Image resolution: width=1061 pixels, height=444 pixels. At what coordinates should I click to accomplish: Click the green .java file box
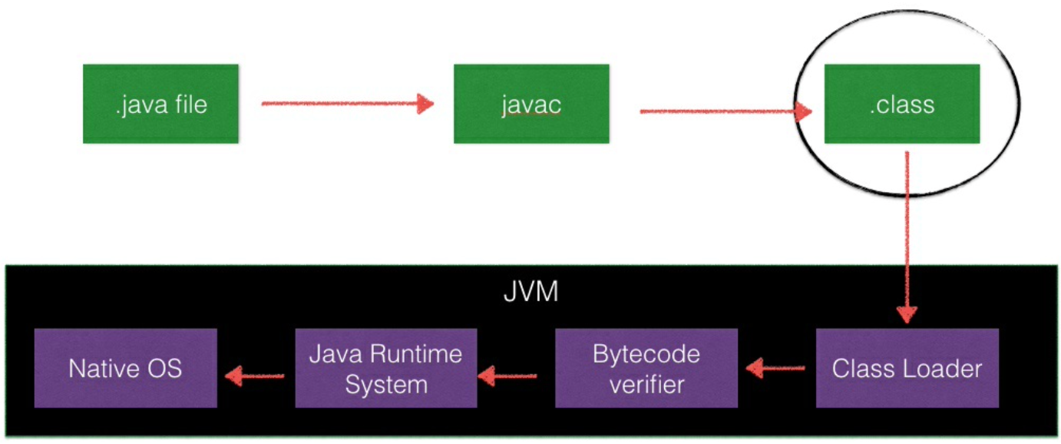(x=160, y=104)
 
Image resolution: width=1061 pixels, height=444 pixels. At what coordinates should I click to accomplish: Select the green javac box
(x=531, y=104)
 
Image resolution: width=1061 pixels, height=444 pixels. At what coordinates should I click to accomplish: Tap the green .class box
(x=901, y=104)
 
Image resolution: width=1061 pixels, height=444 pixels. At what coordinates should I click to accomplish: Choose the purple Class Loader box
(x=907, y=368)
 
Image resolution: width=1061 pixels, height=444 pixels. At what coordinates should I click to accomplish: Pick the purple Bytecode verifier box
(x=646, y=368)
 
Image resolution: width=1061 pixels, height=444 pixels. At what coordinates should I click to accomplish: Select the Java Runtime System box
(x=385, y=368)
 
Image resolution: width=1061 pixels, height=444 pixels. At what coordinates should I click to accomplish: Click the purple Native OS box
(x=125, y=368)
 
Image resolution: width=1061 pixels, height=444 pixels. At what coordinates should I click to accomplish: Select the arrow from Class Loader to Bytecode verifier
(x=775, y=369)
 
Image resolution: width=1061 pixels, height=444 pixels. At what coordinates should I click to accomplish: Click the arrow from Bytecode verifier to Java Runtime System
(x=508, y=376)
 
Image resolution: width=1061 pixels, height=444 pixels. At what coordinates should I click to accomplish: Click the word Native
(x=96, y=369)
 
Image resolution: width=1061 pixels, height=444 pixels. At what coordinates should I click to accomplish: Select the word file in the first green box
(x=189, y=104)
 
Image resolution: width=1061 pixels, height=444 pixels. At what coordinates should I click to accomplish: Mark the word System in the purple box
(x=385, y=384)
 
